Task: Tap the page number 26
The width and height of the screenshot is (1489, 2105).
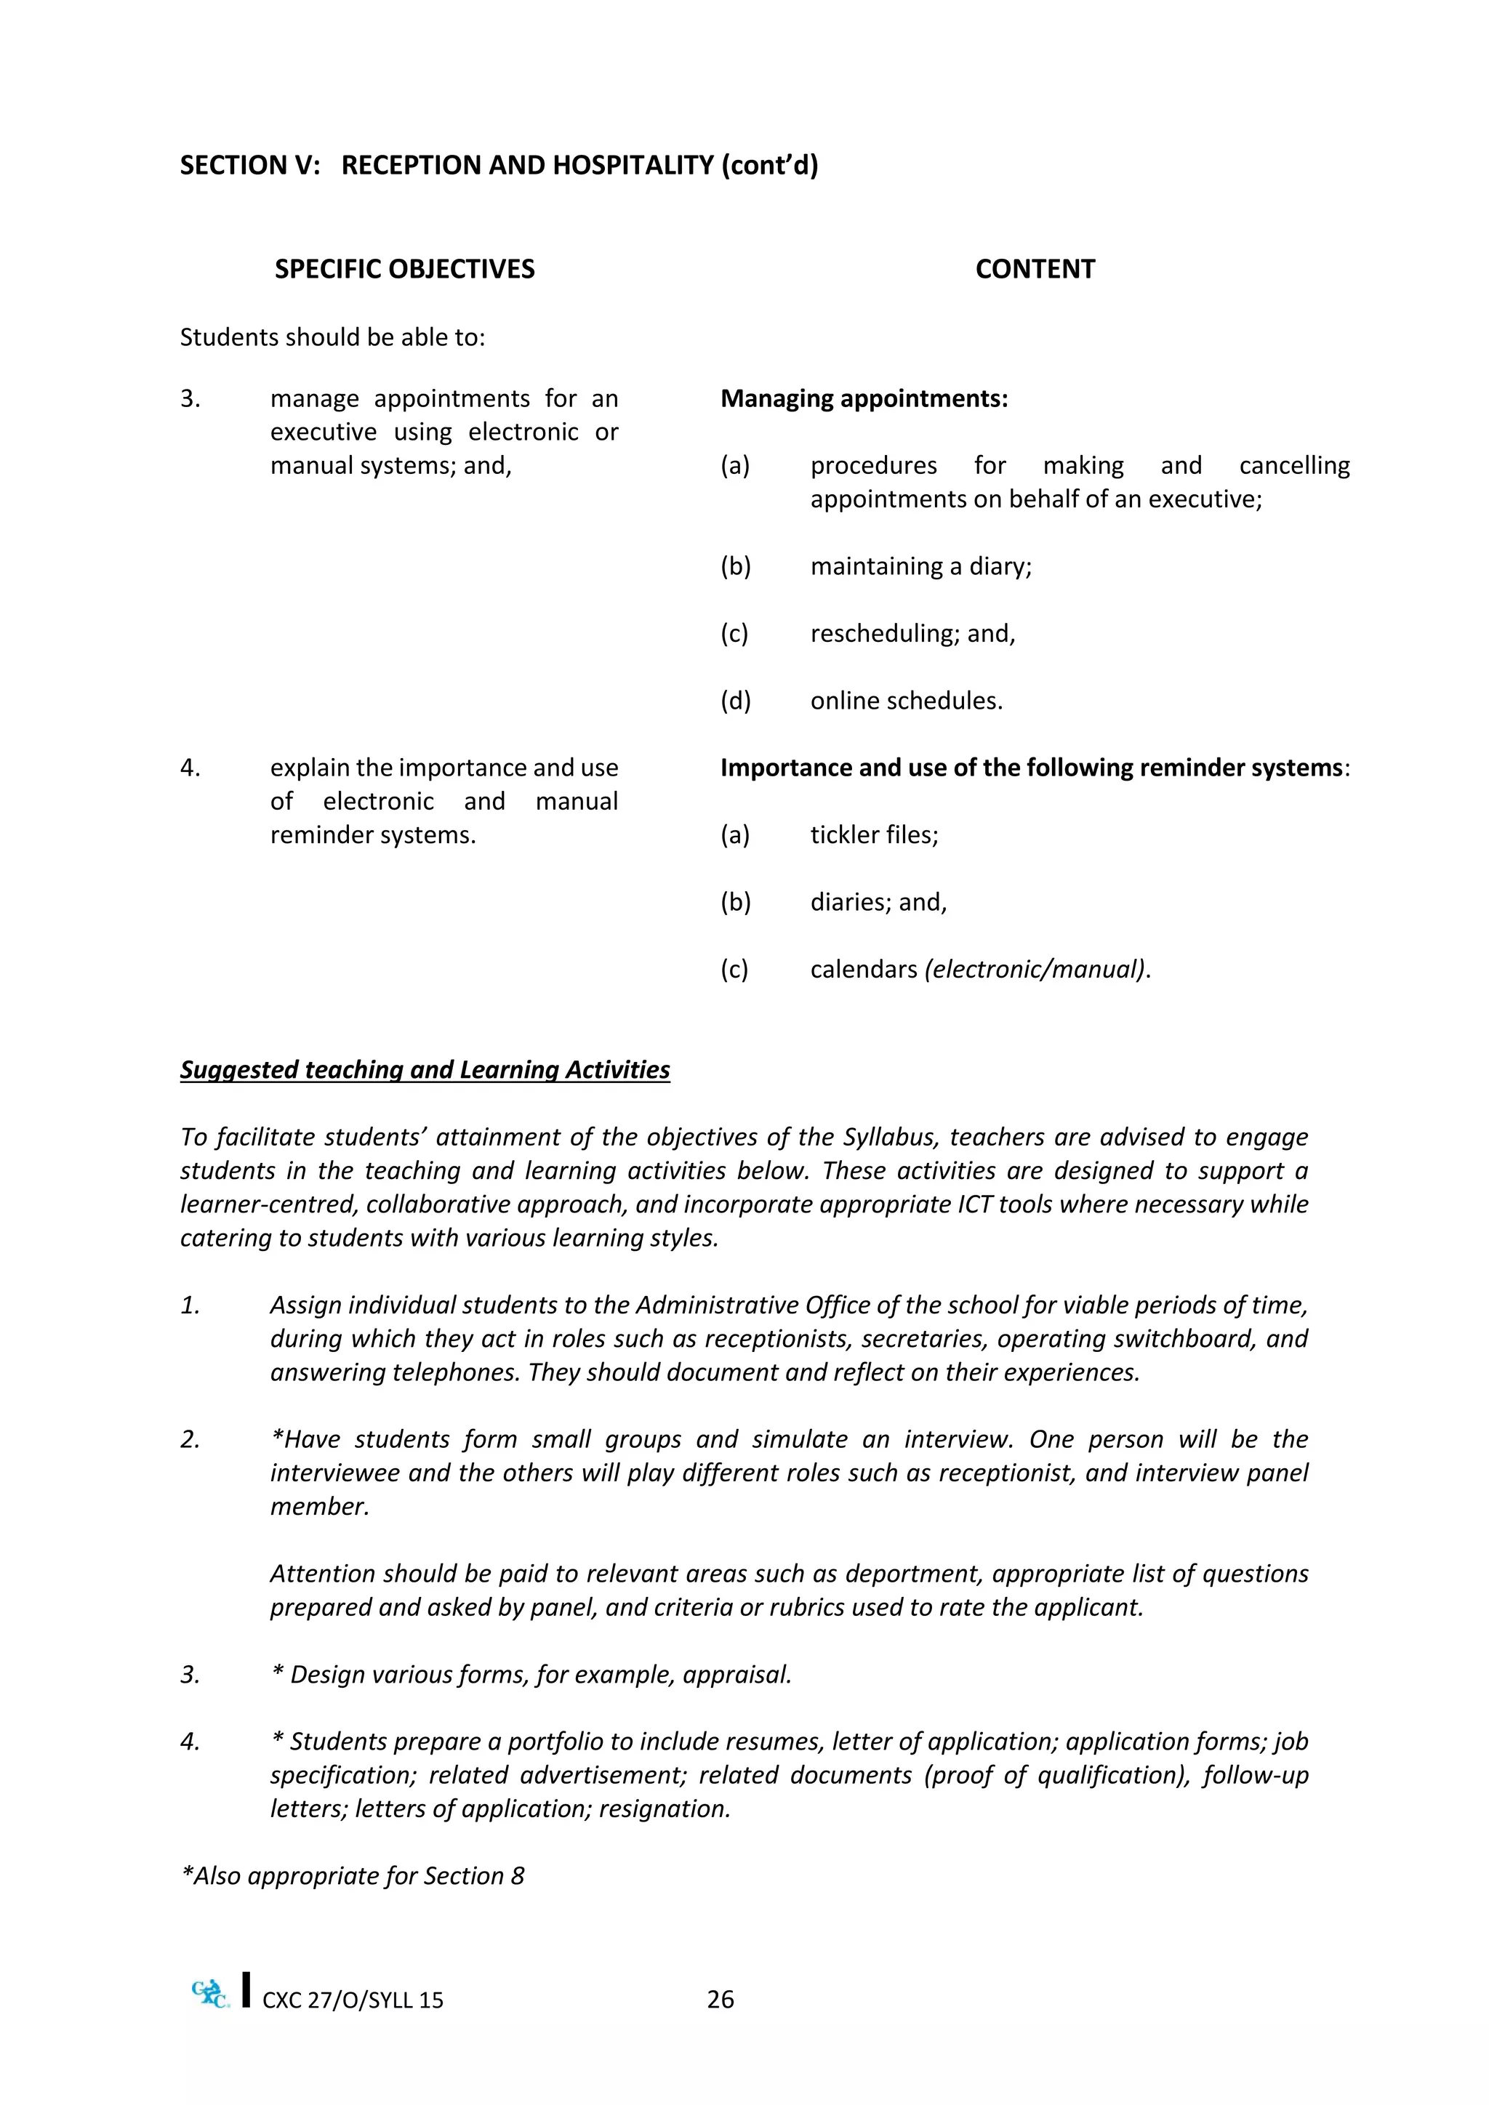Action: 721,2000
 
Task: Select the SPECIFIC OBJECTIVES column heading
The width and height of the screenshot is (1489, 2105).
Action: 404,269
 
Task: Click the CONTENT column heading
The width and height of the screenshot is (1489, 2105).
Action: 1035,269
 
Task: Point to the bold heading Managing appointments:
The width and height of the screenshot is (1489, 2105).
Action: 864,399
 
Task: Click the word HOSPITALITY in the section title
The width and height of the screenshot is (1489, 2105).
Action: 619,165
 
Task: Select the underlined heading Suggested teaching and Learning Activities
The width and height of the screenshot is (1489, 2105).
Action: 425,1070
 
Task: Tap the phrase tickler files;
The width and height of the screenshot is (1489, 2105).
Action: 874,834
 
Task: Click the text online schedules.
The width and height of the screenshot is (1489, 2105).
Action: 906,701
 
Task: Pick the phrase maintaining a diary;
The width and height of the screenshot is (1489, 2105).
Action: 920,566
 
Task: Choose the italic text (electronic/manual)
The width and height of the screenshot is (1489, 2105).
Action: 1036,969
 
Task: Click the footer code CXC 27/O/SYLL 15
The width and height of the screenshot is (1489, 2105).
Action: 353,2000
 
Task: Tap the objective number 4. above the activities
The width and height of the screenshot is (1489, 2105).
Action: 190,768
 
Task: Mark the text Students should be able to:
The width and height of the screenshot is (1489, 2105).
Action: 332,337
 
